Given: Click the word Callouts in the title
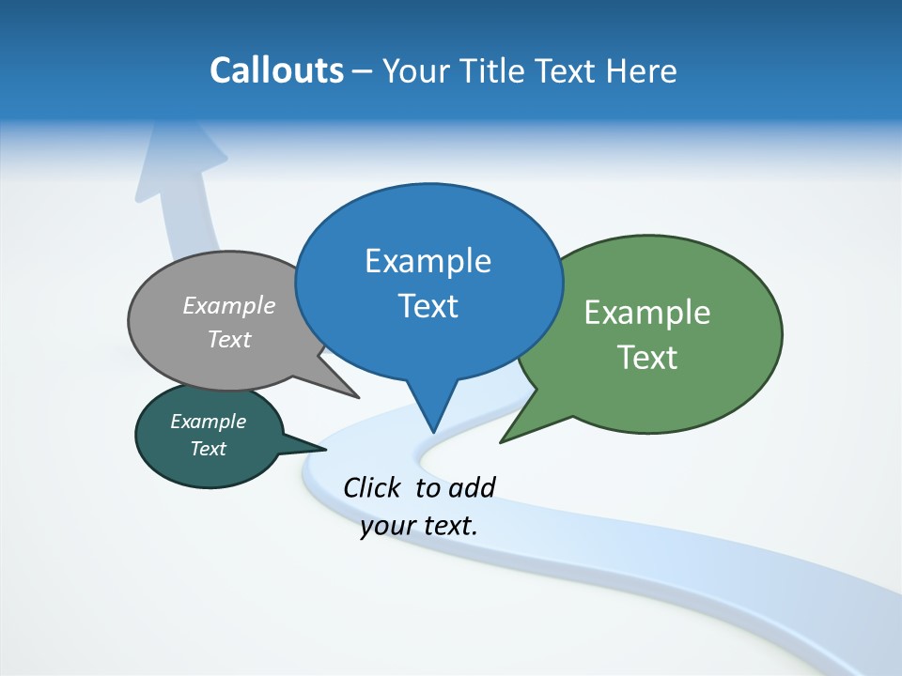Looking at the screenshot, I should [x=277, y=70].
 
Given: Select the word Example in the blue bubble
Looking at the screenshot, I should [x=428, y=261].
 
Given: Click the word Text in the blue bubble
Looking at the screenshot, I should [x=428, y=306].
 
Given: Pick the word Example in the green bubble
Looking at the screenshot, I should [x=647, y=313].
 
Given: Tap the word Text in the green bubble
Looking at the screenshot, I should [x=647, y=358].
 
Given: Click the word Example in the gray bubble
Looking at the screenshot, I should [x=229, y=306].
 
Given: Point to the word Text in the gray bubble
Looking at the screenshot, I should [x=229, y=340].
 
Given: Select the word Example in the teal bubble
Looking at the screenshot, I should [x=209, y=422].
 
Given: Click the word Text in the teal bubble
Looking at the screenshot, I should [x=209, y=449].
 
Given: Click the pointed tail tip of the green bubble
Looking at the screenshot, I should [x=502, y=441].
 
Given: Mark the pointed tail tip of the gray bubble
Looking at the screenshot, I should [x=358, y=397].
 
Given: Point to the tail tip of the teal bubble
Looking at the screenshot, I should [x=325, y=449].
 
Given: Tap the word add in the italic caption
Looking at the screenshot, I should [x=472, y=487].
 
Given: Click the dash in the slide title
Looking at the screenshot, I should [x=363, y=71].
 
